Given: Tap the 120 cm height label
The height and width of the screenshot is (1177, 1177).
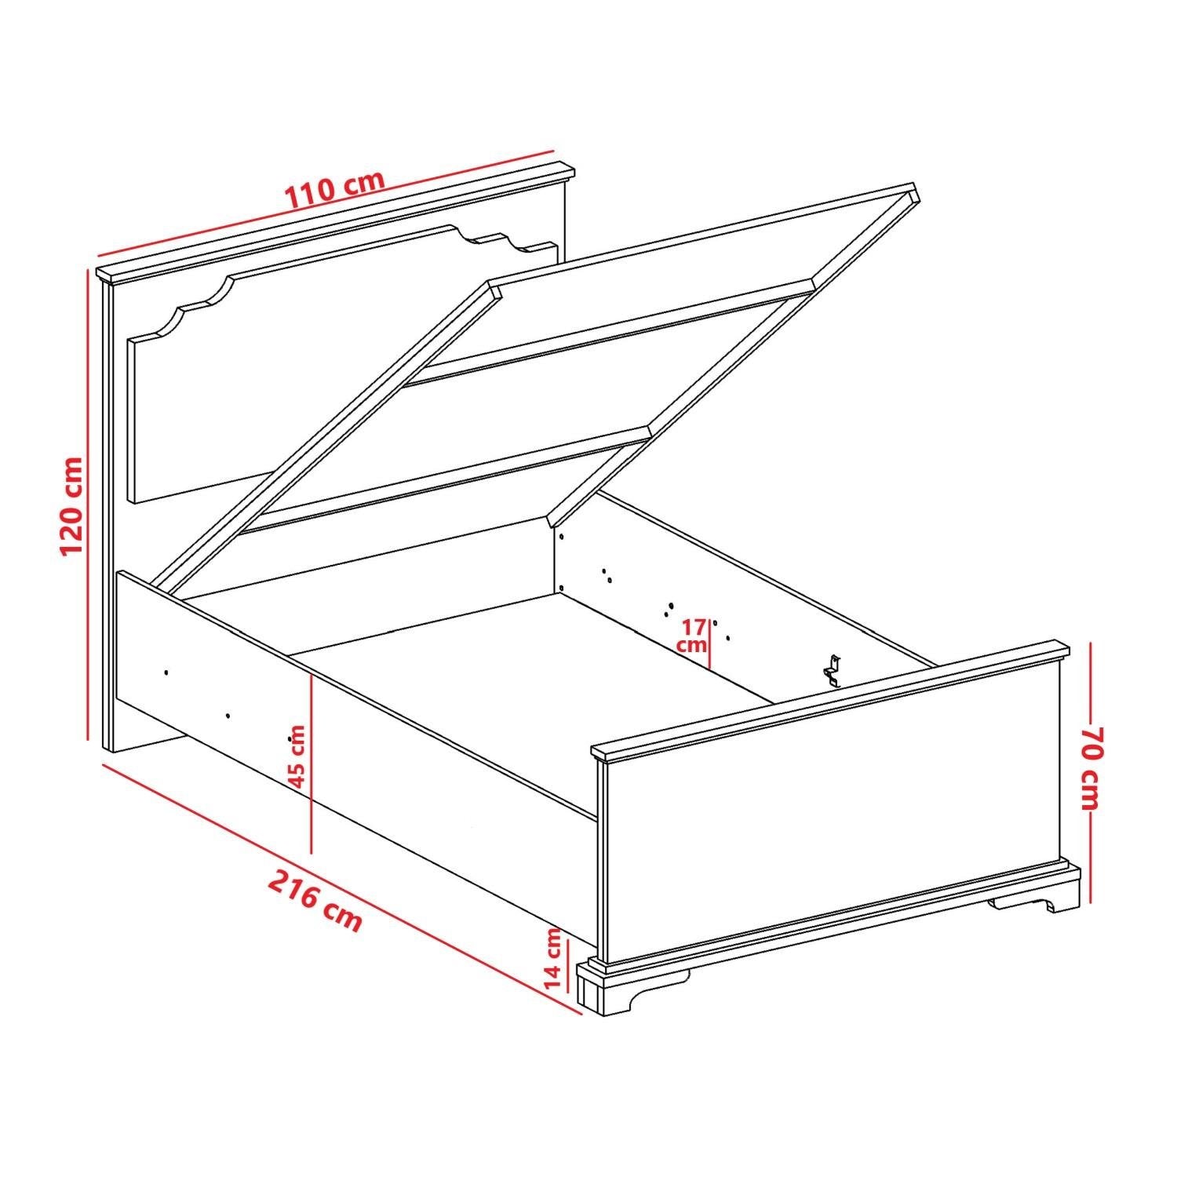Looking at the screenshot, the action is pyautogui.click(x=72, y=505).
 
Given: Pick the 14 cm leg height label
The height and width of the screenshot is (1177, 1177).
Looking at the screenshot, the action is pyautogui.click(x=553, y=958).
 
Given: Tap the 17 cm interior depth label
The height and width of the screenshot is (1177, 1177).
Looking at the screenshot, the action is pyautogui.click(x=694, y=635).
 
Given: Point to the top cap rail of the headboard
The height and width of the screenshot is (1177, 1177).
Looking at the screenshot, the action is pyautogui.click(x=335, y=223).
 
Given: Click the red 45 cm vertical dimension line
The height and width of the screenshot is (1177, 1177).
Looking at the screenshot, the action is pyautogui.click(x=312, y=763).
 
